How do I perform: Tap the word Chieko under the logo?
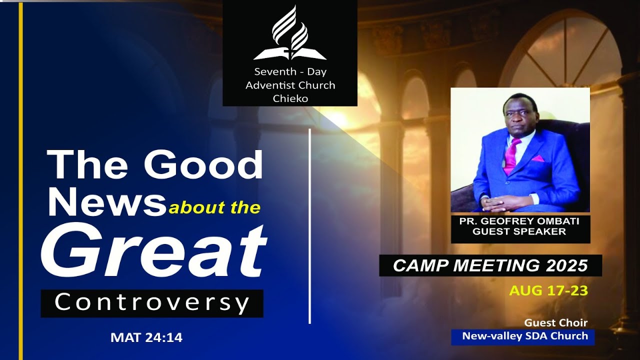tap(290, 98)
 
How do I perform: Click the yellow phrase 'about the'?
tap(214, 207)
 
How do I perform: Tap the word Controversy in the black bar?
tap(152, 303)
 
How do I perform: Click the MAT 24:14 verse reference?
tap(146, 338)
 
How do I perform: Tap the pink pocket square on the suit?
tap(537, 158)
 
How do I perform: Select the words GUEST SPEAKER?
tap(519, 231)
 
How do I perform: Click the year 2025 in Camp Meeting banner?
tap(566, 266)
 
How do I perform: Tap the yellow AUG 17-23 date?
tap(548, 290)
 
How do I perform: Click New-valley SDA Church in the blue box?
tap(524, 336)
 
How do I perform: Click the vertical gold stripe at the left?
tap(20, 180)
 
